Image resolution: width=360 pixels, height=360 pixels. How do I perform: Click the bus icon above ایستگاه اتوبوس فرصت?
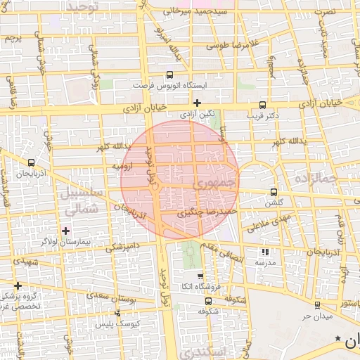tap(169, 75)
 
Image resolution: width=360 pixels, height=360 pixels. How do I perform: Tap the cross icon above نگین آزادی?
tap(197, 103)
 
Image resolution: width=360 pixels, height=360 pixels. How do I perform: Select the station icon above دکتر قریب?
tap(263, 103)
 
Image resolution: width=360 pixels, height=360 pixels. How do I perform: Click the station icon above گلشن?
tap(274, 191)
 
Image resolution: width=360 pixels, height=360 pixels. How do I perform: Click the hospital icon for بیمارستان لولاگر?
tap(66, 230)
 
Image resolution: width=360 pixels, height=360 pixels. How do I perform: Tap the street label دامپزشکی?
tap(124, 246)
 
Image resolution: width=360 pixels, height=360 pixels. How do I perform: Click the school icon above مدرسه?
tap(264, 251)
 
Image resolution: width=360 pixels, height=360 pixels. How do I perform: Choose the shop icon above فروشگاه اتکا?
tap(201, 276)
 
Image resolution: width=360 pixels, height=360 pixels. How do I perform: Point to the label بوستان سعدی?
tap(112, 297)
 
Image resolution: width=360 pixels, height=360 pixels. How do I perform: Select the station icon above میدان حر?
tap(317, 305)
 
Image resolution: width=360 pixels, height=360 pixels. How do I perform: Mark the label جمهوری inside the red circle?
tap(209, 185)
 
